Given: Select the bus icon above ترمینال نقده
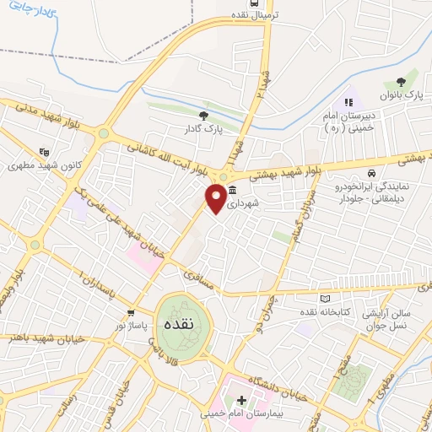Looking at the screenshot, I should [242, 3].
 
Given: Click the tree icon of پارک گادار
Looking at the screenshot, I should [202, 116].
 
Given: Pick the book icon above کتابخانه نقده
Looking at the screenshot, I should [326, 297].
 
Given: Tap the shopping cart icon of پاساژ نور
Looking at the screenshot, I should [130, 314].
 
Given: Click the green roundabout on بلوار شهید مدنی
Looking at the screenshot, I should [103, 132].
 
